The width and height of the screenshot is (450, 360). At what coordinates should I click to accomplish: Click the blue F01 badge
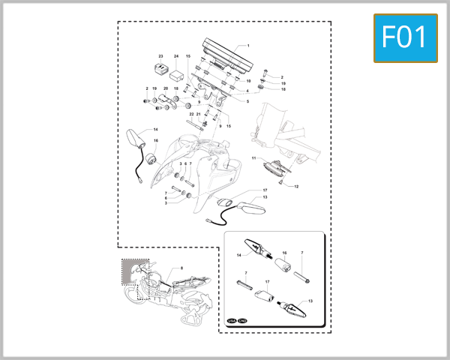point(405,37)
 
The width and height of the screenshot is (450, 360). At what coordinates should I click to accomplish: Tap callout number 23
point(160,57)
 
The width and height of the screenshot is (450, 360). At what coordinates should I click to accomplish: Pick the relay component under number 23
point(160,69)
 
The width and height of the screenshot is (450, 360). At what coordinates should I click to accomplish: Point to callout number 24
point(176,57)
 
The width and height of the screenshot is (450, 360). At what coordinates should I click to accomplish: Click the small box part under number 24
point(178,74)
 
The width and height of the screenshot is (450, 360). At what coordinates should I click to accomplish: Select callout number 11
point(253,158)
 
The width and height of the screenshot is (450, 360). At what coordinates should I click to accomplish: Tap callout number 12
point(296,186)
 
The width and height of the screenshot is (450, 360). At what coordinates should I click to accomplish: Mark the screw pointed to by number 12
point(280,182)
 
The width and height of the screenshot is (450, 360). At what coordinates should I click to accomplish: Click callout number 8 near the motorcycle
point(181,268)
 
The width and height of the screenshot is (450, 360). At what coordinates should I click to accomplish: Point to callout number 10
point(248,80)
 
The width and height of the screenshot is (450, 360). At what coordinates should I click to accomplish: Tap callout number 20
point(166,89)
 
